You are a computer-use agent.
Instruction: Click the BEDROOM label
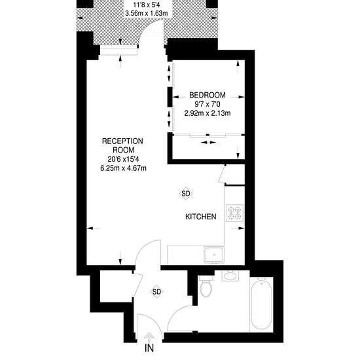tap(207, 95)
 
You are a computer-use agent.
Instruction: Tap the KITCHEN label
tap(201, 217)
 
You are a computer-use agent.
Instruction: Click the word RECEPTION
tap(122, 141)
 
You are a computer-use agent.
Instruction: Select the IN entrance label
tap(149, 348)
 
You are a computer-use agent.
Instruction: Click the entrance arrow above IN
tap(149, 337)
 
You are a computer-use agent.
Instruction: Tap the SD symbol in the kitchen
tap(186, 194)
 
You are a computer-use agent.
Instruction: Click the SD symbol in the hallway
tap(156, 292)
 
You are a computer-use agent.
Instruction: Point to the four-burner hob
tap(234, 213)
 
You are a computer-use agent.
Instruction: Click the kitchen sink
tap(214, 255)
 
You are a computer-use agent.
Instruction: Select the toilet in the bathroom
tap(206, 287)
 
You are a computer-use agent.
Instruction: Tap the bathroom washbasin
tap(230, 276)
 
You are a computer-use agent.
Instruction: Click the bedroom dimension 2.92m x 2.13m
tap(207, 113)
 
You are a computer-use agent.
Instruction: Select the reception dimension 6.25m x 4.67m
tap(123, 168)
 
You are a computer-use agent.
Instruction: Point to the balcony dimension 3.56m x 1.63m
tap(147, 13)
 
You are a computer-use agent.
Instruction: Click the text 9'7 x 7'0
tap(207, 104)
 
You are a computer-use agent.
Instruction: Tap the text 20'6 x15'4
tap(123, 159)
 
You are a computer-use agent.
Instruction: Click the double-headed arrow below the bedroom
tap(208, 143)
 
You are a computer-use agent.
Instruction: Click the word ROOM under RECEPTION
tap(124, 150)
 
